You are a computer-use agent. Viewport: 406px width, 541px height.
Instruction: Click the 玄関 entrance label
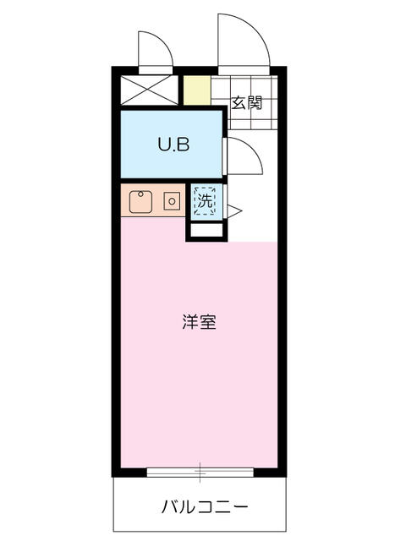click(x=247, y=103)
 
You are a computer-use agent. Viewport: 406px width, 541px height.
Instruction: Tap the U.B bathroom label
click(x=173, y=144)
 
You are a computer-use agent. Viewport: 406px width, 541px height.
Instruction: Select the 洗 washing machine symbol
click(x=205, y=200)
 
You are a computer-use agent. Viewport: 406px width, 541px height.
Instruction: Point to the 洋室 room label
click(x=199, y=322)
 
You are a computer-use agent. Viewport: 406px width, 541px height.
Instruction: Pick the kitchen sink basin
click(x=140, y=201)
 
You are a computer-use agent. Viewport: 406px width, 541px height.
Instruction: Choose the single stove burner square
click(x=172, y=201)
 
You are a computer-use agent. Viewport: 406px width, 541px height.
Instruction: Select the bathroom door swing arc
click(x=241, y=157)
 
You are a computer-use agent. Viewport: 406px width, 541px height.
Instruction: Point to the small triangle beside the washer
click(x=233, y=211)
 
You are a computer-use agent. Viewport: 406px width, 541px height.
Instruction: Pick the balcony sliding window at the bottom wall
click(x=200, y=471)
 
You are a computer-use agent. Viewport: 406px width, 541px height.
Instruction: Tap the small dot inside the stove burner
click(x=172, y=201)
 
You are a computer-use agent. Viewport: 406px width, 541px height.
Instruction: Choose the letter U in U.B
click(x=163, y=144)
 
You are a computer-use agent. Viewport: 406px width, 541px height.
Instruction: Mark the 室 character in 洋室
click(x=208, y=322)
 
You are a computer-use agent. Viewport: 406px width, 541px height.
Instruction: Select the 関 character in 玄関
click(x=255, y=103)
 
